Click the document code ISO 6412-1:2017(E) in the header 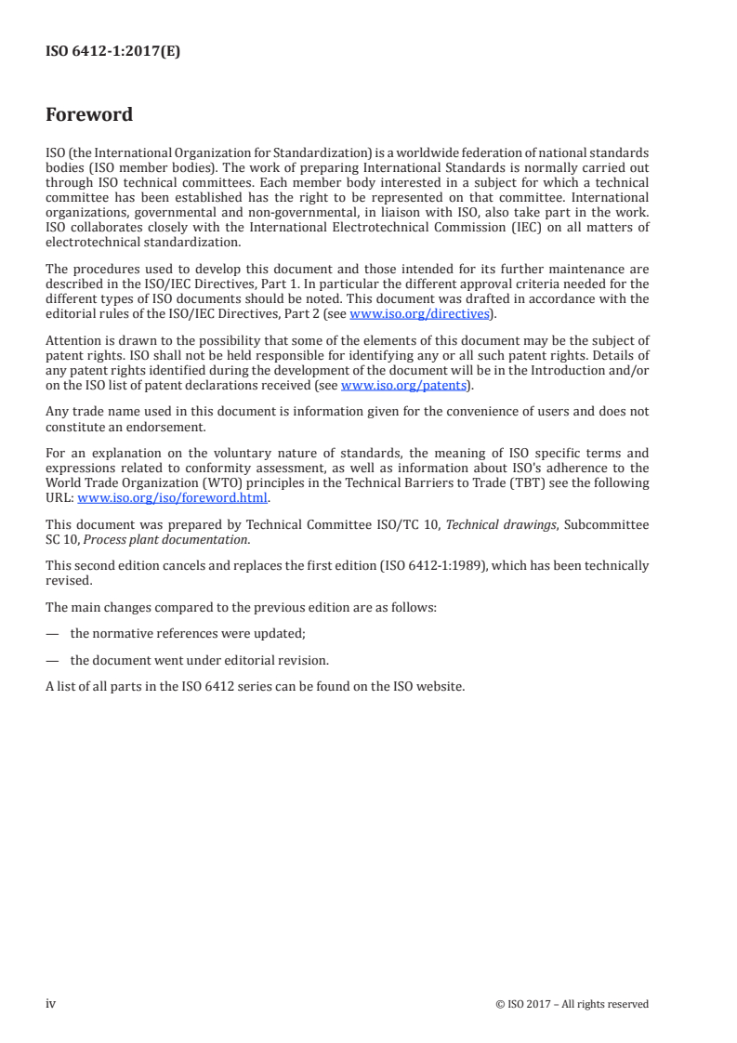pyautogui.click(x=112, y=52)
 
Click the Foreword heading pyautogui.click(x=89, y=115)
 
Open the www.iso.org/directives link pyautogui.click(x=419, y=314)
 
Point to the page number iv pyautogui.click(x=51, y=1003)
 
